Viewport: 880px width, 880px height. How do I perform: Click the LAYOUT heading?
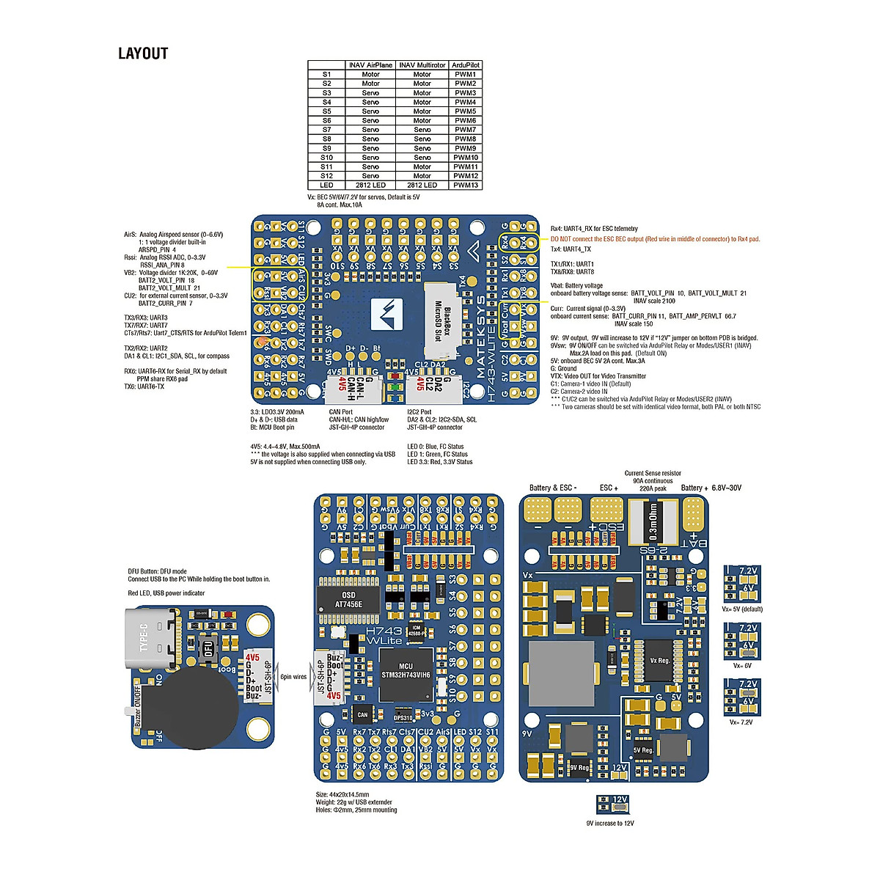click(x=143, y=54)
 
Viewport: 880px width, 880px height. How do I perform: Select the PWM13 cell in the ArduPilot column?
click(x=465, y=186)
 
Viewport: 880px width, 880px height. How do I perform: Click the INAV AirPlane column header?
click(x=370, y=65)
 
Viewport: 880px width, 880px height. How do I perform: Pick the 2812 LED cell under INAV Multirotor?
click(x=422, y=186)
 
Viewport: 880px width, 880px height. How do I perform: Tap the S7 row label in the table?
click(x=326, y=130)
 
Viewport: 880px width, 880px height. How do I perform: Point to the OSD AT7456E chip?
click(x=349, y=599)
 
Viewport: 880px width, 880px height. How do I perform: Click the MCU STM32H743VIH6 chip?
click(x=406, y=670)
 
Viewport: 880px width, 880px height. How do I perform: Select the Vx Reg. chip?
click(x=660, y=661)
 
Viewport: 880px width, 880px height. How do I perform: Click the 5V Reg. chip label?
click(x=643, y=750)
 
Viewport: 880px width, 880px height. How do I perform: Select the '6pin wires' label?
click(x=293, y=677)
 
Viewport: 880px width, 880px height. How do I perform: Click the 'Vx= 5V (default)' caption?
click(x=742, y=609)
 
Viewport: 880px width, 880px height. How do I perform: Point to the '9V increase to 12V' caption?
click(x=610, y=824)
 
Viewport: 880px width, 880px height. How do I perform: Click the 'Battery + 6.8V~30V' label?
click(x=711, y=488)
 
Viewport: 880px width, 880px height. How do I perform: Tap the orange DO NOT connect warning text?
click(x=655, y=239)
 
